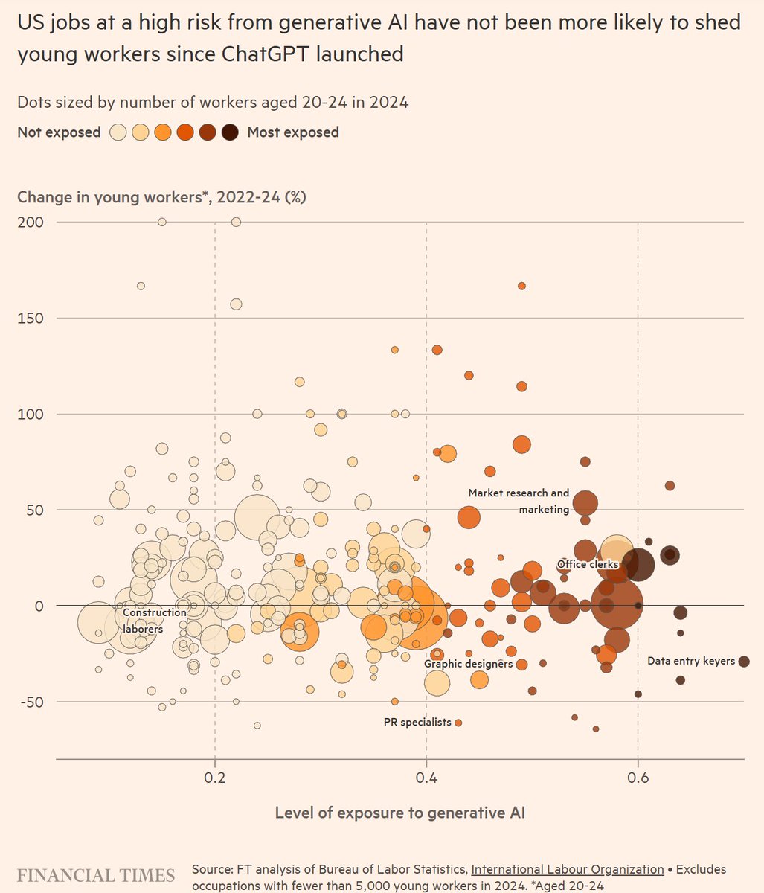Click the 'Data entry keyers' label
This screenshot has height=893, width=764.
click(x=690, y=661)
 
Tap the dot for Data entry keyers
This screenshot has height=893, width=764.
click(x=744, y=662)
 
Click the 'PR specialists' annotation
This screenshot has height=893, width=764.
click(x=417, y=722)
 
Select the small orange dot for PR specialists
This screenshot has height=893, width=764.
click(x=458, y=723)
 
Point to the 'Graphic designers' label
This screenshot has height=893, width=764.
click(x=468, y=663)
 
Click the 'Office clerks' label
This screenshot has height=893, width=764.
click(x=588, y=565)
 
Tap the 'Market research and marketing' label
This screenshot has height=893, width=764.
click(x=519, y=501)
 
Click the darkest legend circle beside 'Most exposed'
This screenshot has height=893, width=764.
click(x=230, y=132)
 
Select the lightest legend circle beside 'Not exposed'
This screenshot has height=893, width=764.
click(x=118, y=132)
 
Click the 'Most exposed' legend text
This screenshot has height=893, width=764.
click(x=292, y=132)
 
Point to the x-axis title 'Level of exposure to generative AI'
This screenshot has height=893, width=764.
click(x=399, y=813)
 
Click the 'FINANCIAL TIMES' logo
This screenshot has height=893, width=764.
click(x=96, y=875)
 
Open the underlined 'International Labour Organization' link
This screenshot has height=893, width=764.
click(x=567, y=869)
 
